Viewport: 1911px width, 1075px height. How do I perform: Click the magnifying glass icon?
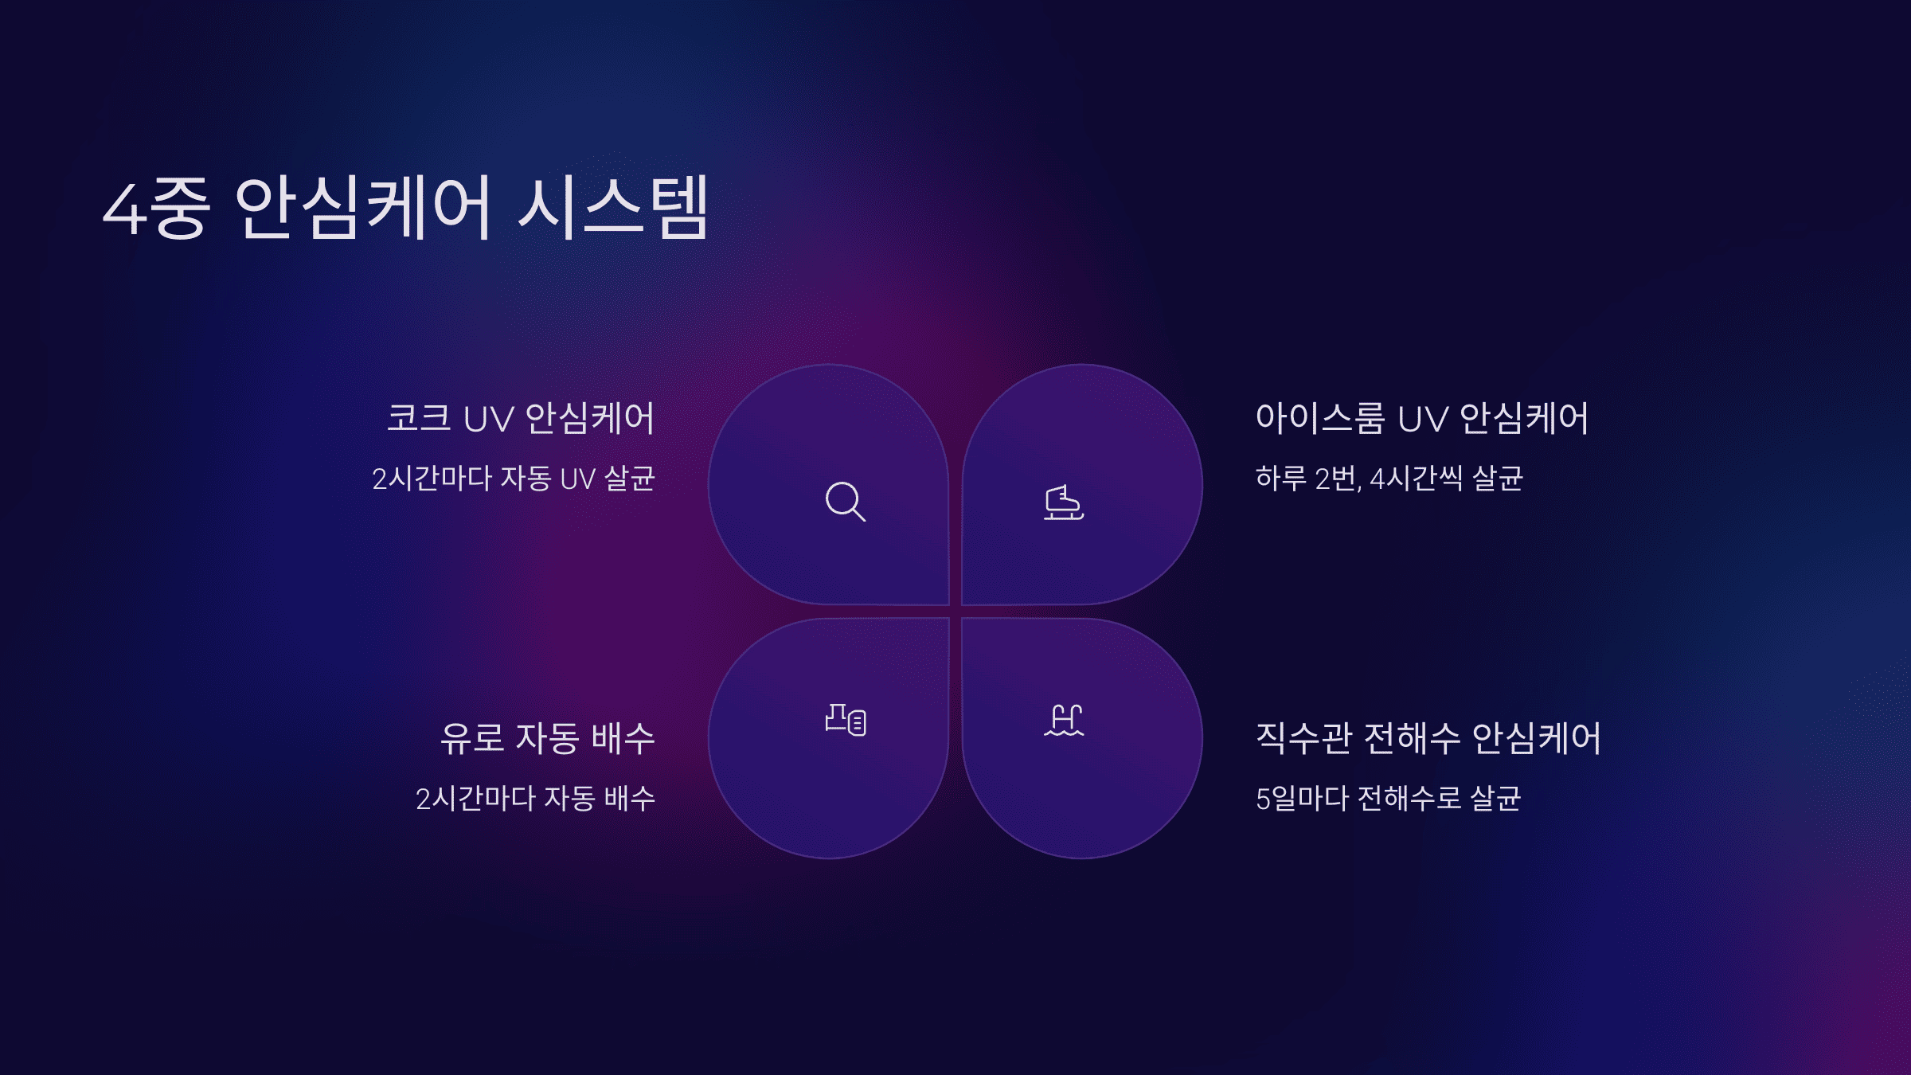click(845, 502)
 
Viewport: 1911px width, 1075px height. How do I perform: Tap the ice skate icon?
click(1064, 502)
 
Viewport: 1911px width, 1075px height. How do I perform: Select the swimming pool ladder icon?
click(1064, 721)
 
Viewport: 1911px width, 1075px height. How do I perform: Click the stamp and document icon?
click(846, 720)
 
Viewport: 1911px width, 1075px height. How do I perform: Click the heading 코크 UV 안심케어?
click(520, 418)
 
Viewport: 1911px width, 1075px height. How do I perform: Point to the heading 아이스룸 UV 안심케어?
click(1421, 418)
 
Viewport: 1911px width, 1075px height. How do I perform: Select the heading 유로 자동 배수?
click(548, 738)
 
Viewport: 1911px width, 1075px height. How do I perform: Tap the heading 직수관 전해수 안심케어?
click(1428, 738)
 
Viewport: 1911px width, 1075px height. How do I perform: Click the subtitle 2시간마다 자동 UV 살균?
click(514, 479)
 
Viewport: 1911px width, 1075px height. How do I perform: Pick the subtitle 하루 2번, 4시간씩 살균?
click(1389, 479)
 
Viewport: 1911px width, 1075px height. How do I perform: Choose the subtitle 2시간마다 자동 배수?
click(535, 799)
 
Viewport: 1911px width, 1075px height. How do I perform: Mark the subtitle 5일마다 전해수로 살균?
click(1388, 799)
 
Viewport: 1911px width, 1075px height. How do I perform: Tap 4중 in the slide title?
click(157, 209)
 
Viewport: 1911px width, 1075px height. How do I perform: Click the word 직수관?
click(1303, 738)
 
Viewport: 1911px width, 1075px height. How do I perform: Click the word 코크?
click(419, 418)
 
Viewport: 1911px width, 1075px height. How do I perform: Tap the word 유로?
click(472, 738)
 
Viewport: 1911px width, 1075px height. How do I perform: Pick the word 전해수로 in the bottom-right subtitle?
click(1409, 799)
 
